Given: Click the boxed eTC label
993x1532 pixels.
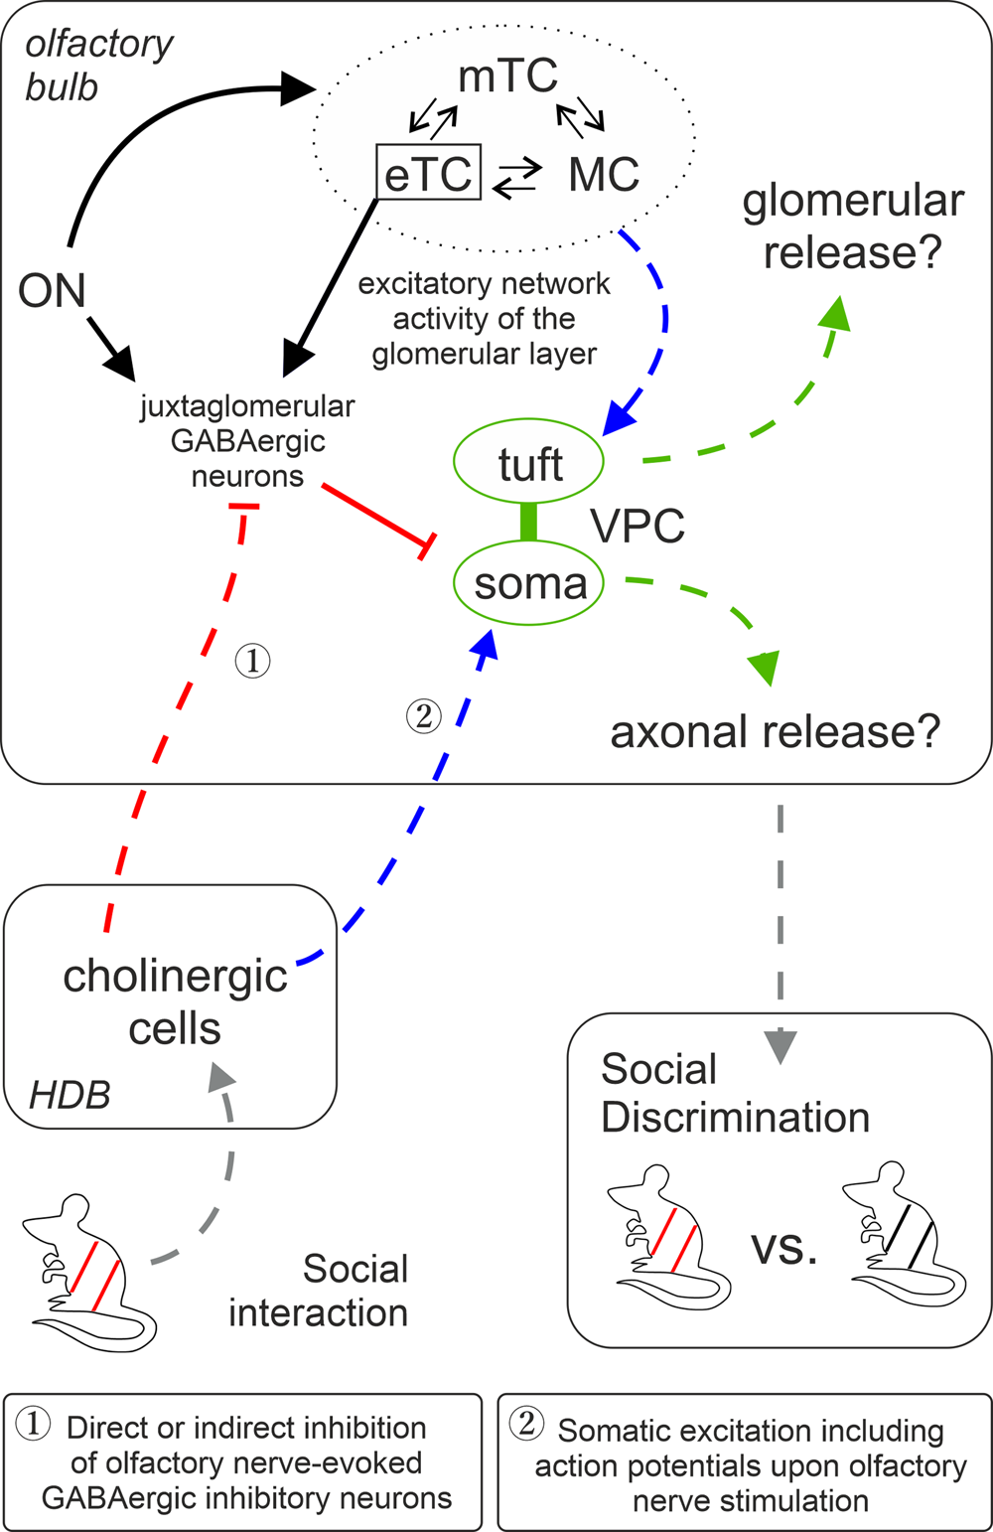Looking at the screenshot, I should [428, 173].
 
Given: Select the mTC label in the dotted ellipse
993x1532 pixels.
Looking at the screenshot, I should [507, 77].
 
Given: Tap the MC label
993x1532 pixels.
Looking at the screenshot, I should [604, 175].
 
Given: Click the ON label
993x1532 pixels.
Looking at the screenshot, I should [52, 291].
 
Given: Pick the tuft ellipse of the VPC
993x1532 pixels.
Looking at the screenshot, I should [529, 464].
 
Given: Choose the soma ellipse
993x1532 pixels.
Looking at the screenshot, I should [530, 583].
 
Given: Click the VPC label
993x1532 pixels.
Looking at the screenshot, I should [638, 525].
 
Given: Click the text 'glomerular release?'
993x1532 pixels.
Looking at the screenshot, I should [852, 226].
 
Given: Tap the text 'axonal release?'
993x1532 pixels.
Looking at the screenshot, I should [775, 732].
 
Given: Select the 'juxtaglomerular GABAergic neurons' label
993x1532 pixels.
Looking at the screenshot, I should [247, 441].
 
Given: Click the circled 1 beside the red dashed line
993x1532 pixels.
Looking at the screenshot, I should [252, 660].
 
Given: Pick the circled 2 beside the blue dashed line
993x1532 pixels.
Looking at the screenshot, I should [424, 715].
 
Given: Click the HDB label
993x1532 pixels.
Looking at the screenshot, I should [70, 1095].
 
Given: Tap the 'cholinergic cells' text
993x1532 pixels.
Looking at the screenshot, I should [175, 1001].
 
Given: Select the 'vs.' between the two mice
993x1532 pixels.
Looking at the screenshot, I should [784, 1247].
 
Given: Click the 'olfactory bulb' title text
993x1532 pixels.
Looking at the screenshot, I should [97, 66].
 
